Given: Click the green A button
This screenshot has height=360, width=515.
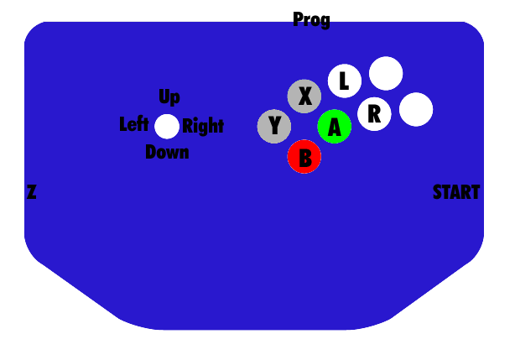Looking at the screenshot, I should coord(334,127).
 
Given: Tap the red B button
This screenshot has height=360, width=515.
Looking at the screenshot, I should coord(304,157).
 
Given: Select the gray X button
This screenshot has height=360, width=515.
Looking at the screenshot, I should coord(304,97).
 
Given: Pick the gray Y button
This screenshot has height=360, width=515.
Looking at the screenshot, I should coord(274,127).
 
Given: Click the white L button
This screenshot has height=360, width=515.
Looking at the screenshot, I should coord(344,81).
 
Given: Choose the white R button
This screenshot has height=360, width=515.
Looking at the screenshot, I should coord(374,113).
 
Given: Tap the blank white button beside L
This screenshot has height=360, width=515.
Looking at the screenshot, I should coord(386,73).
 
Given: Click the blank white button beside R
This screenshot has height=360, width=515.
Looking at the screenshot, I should coord(416,109).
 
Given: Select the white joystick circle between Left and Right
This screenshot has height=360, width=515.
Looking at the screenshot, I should coord(167,126).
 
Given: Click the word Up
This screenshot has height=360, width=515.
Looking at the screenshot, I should coord(169,97).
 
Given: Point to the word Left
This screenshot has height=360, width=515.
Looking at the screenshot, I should coord(134,124).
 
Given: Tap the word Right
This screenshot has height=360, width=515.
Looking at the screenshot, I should coord(203,126).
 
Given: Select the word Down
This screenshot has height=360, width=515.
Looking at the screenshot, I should coord(167,152).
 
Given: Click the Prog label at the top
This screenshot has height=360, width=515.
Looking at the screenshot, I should coord(311,19).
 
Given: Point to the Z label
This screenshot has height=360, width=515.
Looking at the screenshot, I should coord(31,192).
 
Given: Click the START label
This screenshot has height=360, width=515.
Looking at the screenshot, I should coord(456,192).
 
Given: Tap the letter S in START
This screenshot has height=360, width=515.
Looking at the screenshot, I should coord(438,192).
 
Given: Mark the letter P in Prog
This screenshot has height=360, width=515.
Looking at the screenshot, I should coord(298,18).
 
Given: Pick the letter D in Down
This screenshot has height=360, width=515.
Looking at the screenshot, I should coord(151,152).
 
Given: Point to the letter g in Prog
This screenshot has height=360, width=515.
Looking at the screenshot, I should coord(325,21).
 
